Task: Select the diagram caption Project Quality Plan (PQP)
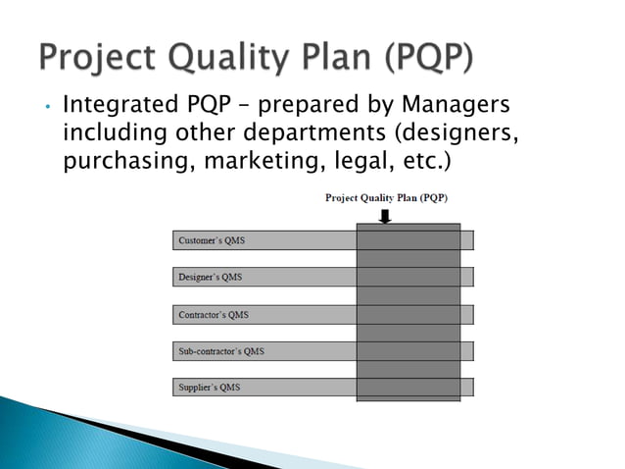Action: point(387,197)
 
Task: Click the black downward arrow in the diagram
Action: point(385,216)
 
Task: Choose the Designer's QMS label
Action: point(211,278)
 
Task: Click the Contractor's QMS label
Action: point(214,315)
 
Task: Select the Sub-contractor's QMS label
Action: point(221,351)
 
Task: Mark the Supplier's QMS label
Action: point(209,388)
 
